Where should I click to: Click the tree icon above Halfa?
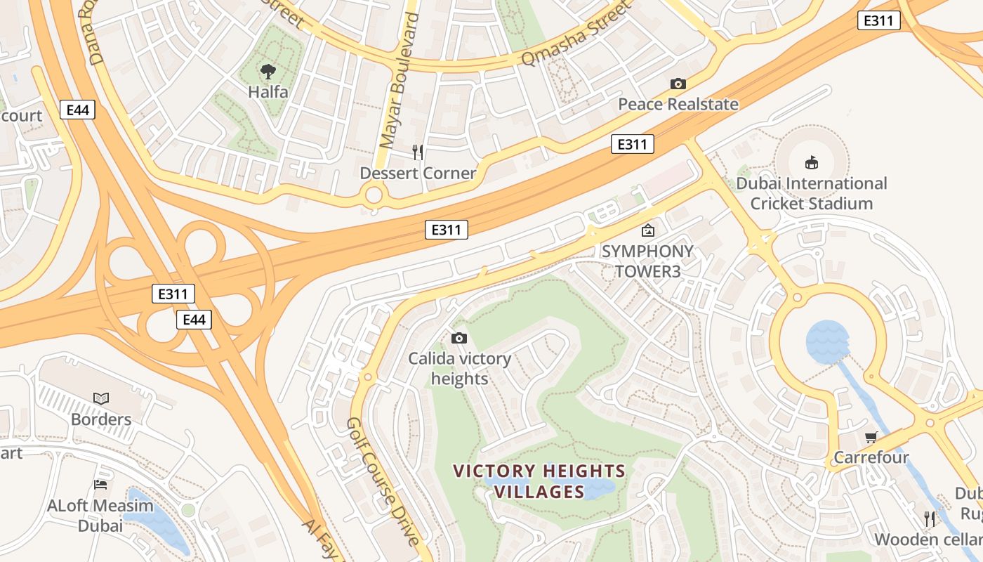[x=268, y=70]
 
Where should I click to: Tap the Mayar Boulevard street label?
[x=399, y=81]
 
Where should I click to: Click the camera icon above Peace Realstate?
[x=678, y=84]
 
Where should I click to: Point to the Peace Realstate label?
[x=678, y=105]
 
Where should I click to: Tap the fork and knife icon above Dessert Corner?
[x=418, y=152]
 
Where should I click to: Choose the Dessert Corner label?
[x=418, y=173]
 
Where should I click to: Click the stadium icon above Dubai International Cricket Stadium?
[x=812, y=163]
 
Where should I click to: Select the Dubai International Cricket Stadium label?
[x=812, y=193]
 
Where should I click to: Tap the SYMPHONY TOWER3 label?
[x=647, y=261]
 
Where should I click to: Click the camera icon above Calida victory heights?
[x=459, y=338]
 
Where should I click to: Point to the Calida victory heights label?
[x=459, y=369]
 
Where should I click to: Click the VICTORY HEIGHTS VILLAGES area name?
[x=539, y=481]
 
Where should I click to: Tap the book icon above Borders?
[x=101, y=398]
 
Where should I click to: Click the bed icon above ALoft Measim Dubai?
[x=100, y=485]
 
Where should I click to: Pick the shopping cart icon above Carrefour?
[x=871, y=437]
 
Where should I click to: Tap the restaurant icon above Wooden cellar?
[x=930, y=518]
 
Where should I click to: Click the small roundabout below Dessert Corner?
[x=374, y=194]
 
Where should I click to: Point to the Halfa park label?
[x=268, y=92]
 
